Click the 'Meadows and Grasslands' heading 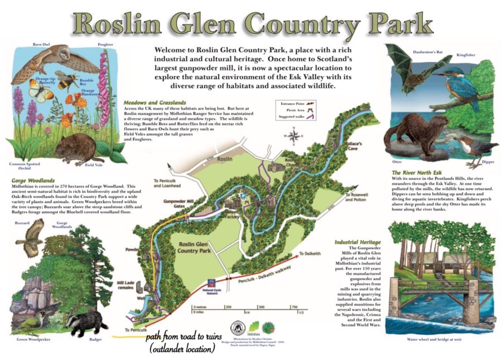(156, 103)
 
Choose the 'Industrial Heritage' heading (357, 242)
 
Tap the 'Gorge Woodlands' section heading (32, 181)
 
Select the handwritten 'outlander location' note (182, 349)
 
